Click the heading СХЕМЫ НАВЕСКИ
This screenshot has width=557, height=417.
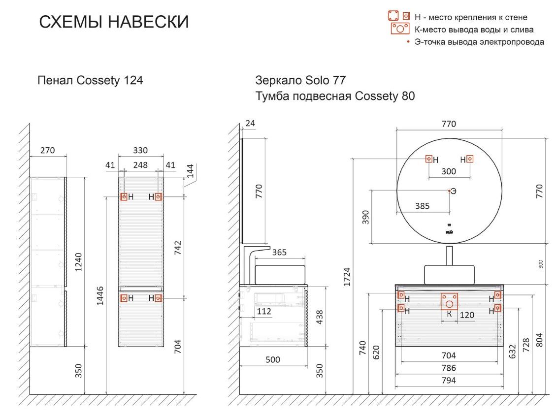[114, 22]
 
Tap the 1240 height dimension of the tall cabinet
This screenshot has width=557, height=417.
[78, 262]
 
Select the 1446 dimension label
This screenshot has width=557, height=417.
[100, 295]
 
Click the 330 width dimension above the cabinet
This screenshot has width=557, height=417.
[140, 150]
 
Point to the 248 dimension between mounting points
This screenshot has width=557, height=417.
[140, 165]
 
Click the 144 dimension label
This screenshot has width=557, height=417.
[191, 171]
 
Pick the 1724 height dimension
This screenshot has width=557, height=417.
[347, 277]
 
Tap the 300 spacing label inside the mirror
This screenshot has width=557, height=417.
[449, 171]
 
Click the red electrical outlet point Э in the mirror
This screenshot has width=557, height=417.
[449, 191]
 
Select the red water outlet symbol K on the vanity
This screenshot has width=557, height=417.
[449, 301]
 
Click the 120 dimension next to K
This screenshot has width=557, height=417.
[467, 315]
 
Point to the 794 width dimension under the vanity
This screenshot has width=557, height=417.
[449, 381]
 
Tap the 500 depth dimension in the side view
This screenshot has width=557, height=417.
[273, 360]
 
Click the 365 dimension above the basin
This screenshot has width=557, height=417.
[279, 252]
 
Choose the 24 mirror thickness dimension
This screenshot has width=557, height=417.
[250, 123]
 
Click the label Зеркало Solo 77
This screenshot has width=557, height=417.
[300, 80]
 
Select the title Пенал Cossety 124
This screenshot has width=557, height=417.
[90, 80]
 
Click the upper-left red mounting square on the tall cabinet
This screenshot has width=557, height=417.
[124, 196]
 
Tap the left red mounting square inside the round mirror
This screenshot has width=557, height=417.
[429, 159]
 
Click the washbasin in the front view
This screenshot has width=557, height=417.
[449, 275]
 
